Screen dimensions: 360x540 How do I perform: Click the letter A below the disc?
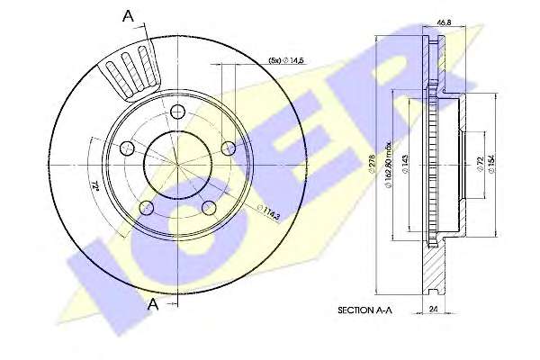tap(153, 304)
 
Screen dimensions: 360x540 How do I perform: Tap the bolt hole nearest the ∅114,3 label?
tap(210, 208)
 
